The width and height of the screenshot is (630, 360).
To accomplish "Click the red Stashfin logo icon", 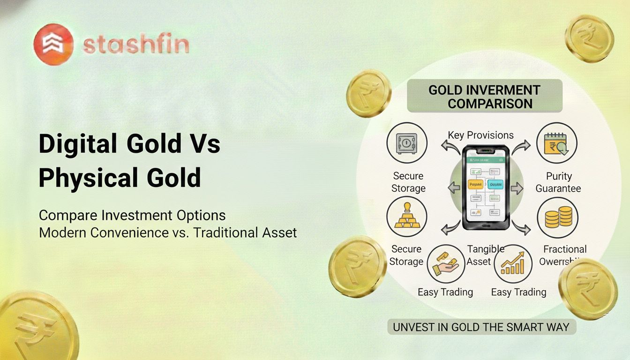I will point(53,44).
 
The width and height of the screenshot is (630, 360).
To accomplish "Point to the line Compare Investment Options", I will point(132,216).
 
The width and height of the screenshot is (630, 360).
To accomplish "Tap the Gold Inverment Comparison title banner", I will point(484,96).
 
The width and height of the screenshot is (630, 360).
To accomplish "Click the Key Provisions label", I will point(480,135).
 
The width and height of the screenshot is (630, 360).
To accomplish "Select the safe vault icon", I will point(406,143).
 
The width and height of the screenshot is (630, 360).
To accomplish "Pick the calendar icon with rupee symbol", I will point(556,143).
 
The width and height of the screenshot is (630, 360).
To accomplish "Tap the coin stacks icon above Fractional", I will point(557,217).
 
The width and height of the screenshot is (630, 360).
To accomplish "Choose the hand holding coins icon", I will point(446,264).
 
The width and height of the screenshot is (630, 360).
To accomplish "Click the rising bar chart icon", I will point(513,264).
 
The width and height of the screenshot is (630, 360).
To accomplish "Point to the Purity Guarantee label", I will point(558,182).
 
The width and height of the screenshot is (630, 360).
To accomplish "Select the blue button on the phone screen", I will point(495,185).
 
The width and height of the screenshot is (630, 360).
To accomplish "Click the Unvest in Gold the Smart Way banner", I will point(481,327).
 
